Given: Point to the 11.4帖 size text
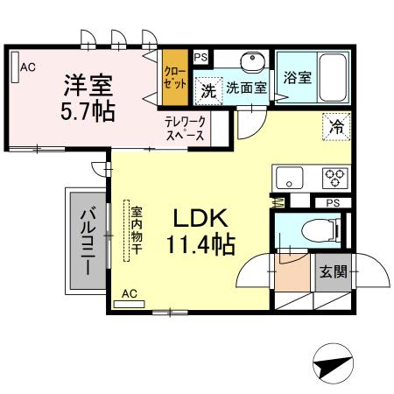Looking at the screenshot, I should coord(201,244).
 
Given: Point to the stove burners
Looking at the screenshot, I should coord(334,178).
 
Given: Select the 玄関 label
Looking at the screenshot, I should coord(334,271).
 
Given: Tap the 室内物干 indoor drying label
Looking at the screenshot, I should coord(137,230).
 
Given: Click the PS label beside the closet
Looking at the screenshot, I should coord(201,57).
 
